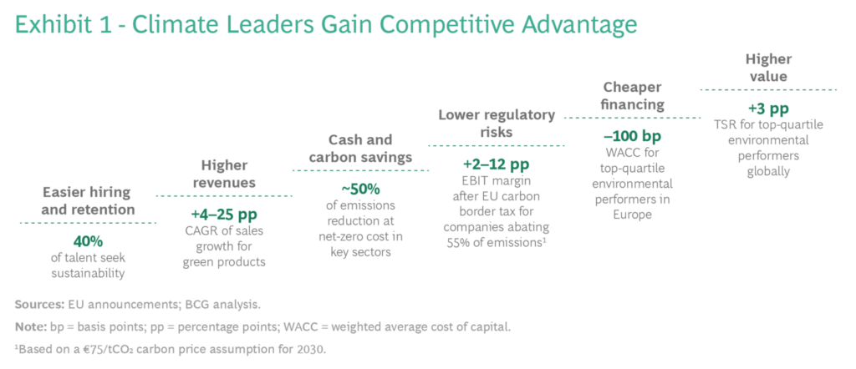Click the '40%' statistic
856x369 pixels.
coord(88,240)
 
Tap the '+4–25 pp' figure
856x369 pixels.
coord(224,214)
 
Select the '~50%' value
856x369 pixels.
coord(360,190)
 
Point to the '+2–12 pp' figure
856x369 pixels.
coord(497,164)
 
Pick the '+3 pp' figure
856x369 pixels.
coord(768,108)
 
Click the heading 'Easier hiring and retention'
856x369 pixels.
coord(88,200)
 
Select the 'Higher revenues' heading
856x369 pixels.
coord(224,174)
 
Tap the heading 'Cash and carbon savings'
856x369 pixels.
coord(360,149)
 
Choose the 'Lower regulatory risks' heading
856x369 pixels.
coord(497,124)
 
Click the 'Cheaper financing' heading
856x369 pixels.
coord(633,95)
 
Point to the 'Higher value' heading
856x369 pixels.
coord(769,67)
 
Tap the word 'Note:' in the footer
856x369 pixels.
coord(31,327)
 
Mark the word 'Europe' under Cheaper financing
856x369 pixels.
coord(632,215)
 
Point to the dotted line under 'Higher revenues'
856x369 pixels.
coord(224,195)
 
